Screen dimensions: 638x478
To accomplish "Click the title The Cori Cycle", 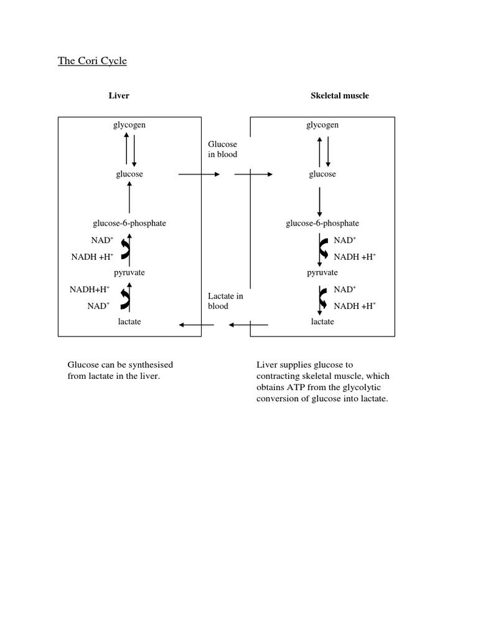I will click(x=92, y=61).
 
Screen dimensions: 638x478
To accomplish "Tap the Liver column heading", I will click(x=119, y=96).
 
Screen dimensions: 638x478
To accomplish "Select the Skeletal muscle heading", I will click(x=339, y=96).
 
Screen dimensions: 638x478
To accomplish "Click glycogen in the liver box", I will click(x=129, y=125).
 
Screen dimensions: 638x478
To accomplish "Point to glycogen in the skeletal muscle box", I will click(x=322, y=125).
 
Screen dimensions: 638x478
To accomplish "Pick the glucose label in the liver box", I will click(x=129, y=174).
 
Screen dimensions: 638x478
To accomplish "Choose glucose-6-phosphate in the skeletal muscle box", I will click(x=322, y=224).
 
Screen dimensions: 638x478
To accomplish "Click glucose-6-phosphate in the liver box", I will click(x=129, y=224).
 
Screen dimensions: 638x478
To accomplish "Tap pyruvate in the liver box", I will click(x=129, y=273).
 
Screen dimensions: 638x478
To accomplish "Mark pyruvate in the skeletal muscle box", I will click(x=322, y=273).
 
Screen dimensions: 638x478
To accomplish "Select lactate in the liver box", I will click(x=129, y=321).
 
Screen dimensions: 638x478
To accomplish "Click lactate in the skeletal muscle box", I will click(x=322, y=321).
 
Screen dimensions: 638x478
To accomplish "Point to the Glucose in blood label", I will click(x=222, y=150).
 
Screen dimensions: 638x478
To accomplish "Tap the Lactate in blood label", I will click(x=225, y=301).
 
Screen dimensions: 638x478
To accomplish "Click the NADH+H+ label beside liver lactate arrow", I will click(x=90, y=289).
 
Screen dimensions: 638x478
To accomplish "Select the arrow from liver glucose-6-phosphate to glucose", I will click(x=129, y=199).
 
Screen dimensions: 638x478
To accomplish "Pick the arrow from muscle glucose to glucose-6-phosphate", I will click(x=320, y=199).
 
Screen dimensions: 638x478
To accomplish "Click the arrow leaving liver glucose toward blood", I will click(x=199, y=175).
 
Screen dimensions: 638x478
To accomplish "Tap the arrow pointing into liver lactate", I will click(x=196, y=325).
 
